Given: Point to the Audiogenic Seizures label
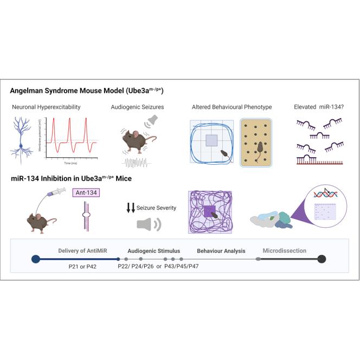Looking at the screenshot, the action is tap(133, 108).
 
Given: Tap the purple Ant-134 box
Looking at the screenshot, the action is tap(87, 192).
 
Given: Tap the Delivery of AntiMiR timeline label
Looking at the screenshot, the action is tap(81, 251).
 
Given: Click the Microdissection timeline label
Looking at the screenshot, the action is tap(285, 251).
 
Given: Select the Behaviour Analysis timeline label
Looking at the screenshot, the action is tap(221, 251).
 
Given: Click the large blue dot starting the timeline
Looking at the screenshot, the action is tap(36, 259).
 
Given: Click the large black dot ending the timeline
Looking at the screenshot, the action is tap(322, 259).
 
